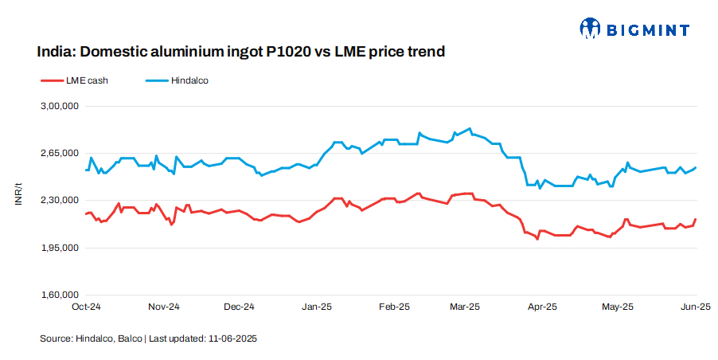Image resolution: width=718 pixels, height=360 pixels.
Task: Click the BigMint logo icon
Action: pos(589,29)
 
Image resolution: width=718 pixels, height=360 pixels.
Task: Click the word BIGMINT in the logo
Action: pos(647,30)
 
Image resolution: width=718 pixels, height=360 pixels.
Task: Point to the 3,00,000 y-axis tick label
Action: pos(60,106)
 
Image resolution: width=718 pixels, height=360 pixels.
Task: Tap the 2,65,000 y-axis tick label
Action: pos(60,153)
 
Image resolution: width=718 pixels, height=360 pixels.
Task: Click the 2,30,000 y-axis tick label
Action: pos(60,201)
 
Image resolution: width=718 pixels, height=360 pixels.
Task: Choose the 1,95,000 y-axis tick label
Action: pos(60,248)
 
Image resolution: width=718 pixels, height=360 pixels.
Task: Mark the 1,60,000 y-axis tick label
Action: pos(60,295)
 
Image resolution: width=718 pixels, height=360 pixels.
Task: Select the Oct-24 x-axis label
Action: pos(85,307)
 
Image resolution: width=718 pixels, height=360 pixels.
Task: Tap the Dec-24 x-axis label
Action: pos(238,307)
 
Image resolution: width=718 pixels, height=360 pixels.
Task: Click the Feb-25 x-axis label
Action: pos(393,307)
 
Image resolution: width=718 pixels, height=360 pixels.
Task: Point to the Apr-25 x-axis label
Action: pos(543,307)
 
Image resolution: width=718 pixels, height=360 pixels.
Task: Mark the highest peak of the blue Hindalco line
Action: pos(470,128)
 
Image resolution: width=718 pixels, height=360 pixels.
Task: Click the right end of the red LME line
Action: pos(697,219)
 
